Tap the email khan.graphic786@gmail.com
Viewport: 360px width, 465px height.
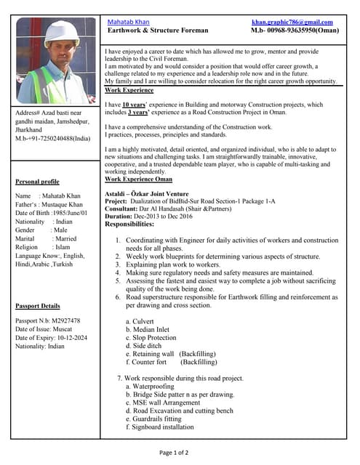coord(292,23)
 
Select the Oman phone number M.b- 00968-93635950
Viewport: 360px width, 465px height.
coord(295,31)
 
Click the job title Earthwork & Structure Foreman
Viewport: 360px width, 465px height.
coord(158,31)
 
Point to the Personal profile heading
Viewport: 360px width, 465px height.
coord(37,182)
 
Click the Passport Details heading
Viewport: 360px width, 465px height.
coord(38,307)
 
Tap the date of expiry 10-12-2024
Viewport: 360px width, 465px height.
coord(71,338)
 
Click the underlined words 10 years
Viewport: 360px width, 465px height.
coord(132,105)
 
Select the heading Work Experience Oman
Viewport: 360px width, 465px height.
coord(139,179)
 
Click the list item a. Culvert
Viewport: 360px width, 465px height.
coord(140,321)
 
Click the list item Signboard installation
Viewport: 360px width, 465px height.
coord(164,427)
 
